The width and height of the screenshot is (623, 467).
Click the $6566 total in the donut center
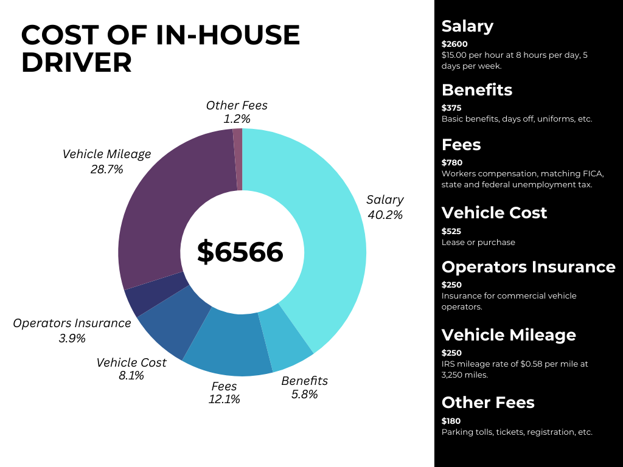click(x=240, y=252)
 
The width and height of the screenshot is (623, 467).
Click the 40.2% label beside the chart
click(x=385, y=215)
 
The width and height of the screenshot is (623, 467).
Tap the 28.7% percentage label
click(x=106, y=169)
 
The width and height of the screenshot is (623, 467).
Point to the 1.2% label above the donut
click(x=237, y=119)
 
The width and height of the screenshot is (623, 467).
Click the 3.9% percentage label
click(x=72, y=338)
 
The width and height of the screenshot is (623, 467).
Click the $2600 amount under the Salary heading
click(x=455, y=44)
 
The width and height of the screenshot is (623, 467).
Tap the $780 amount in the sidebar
click(x=452, y=162)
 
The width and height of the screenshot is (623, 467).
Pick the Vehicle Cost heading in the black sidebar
click(x=494, y=213)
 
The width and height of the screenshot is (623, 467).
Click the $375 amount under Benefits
click(x=451, y=108)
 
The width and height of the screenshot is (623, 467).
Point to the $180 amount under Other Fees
click(x=451, y=421)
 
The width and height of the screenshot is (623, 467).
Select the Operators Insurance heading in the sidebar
click(x=528, y=267)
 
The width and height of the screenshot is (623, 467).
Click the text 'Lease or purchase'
click(x=478, y=242)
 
